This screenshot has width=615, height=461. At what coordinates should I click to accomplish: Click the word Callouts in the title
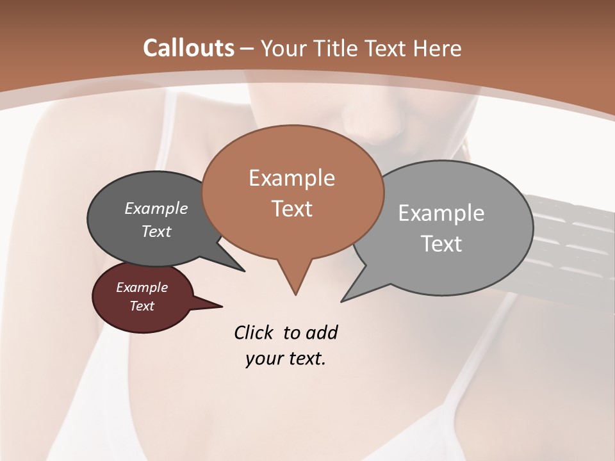(x=188, y=48)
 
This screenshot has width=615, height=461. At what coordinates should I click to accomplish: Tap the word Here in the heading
(x=436, y=48)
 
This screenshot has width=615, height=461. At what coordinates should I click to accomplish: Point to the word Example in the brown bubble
(x=291, y=178)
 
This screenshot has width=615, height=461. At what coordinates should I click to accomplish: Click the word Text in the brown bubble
(x=291, y=209)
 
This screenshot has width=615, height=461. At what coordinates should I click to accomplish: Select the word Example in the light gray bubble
(x=441, y=213)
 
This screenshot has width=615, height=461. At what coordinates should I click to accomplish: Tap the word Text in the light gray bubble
(x=442, y=244)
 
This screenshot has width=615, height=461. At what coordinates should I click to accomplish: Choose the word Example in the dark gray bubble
(x=156, y=208)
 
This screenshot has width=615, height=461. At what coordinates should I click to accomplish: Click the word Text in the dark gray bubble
(x=156, y=231)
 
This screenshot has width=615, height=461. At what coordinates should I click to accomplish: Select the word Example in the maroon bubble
(x=142, y=287)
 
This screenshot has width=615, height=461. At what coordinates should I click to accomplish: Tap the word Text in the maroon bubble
(x=142, y=306)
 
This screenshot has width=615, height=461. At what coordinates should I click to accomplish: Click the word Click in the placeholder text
(x=254, y=332)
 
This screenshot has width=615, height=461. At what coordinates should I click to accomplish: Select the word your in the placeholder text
(x=262, y=359)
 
